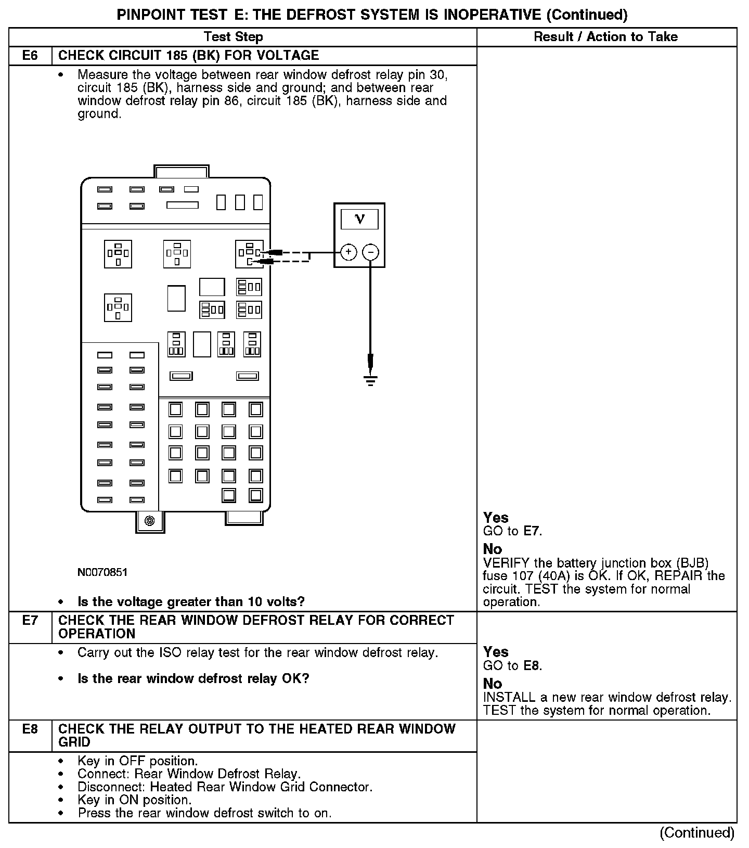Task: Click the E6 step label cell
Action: pos(30,56)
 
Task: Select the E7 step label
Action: pos(30,621)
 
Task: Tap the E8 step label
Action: pos(30,729)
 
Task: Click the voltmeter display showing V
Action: pos(359,219)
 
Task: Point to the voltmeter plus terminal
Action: pos(348,252)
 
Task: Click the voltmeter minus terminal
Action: pos(370,252)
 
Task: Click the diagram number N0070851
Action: pos(102,573)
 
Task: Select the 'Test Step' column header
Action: pos(234,37)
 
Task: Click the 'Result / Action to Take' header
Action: pos(606,37)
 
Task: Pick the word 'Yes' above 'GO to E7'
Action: pos(496,518)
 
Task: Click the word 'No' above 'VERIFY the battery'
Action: pos(492,549)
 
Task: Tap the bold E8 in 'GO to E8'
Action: pos(532,666)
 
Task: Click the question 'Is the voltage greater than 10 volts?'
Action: pos(191,602)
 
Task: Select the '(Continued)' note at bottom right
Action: pos(697,833)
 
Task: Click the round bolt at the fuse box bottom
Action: pos(150,521)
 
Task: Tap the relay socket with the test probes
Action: pos(249,254)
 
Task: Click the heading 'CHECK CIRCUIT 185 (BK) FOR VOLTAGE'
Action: pos(188,56)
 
